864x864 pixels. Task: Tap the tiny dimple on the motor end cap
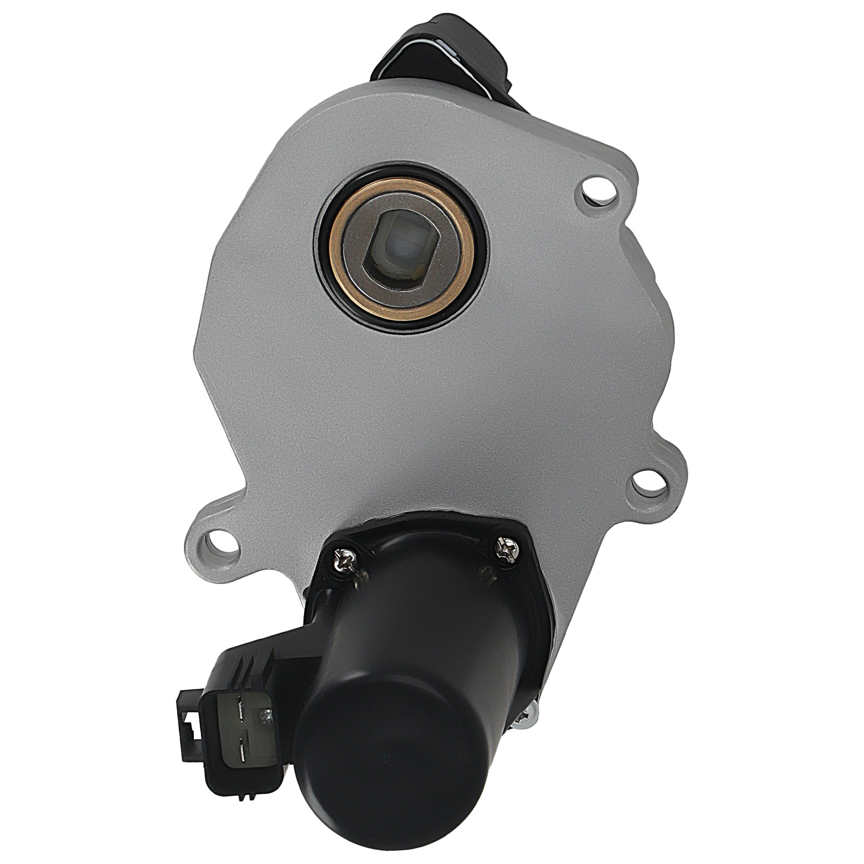tap(388, 760)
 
